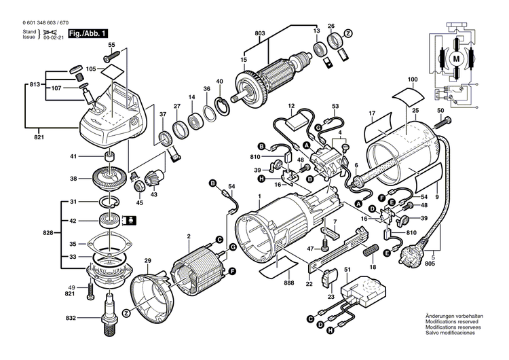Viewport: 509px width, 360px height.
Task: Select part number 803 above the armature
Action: pos(260,33)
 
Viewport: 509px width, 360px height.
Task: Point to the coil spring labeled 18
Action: pos(373,251)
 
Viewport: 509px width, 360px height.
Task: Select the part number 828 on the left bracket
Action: pos(47,233)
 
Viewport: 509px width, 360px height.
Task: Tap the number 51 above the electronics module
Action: pos(347,270)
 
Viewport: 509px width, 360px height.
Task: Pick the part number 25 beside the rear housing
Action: pos(415,110)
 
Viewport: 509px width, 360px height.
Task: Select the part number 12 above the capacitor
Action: pos(290,106)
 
